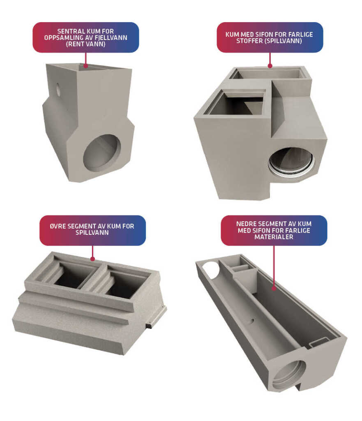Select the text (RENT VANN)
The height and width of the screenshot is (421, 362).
(x=85, y=44)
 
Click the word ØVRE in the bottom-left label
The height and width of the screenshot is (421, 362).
(x=58, y=226)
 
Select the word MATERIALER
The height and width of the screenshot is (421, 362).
(x=274, y=237)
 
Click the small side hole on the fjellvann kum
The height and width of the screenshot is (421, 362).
(x=58, y=90)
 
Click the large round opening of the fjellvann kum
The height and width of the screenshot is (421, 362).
(x=102, y=152)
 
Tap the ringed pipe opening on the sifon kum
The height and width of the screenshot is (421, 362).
(x=291, y=162)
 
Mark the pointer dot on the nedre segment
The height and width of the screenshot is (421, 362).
(x=274, y=289)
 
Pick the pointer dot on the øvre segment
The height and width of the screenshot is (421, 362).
(x=92, y=259)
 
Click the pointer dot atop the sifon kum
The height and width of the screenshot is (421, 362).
(x=270, y=65)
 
